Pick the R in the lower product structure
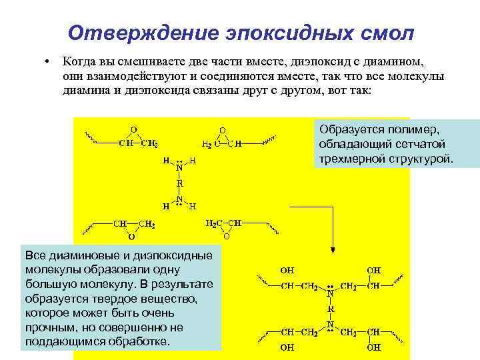(x=331, y=309)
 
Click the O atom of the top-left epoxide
(x=133, y=129)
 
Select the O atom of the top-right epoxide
(x=223, y=130)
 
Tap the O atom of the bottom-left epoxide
(x=131, y=236)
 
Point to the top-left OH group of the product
(x=287, y=271)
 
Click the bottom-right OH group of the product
(x=373, y=347)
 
